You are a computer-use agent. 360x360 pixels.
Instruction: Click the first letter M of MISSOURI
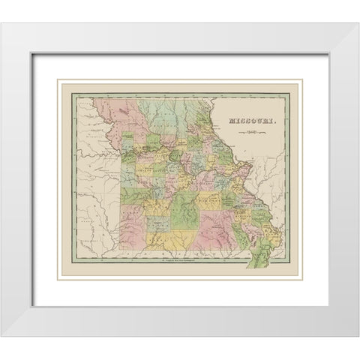click(232, 119)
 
